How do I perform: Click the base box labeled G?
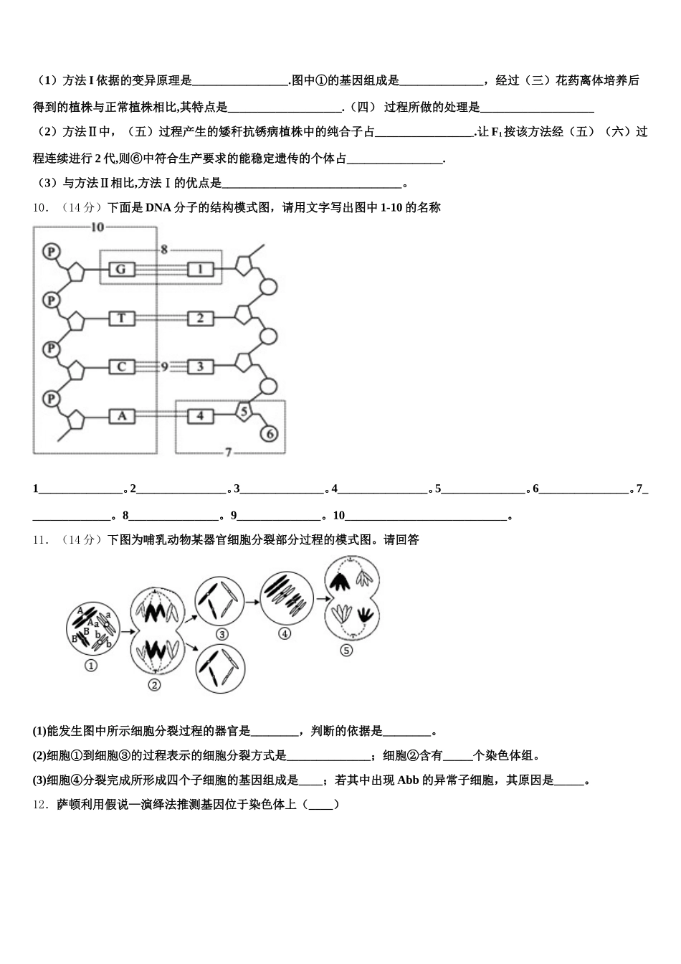coord(121,270)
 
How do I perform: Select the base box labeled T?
coord(121,318)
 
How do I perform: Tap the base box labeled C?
coord(121,367)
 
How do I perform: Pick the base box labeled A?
coord(121,415)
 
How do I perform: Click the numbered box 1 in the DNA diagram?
coord(200,270)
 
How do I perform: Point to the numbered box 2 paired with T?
coord(200,318)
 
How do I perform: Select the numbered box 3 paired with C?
coord(200,367)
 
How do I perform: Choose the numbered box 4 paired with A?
coord(200,415)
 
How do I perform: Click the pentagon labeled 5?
coord(244,411)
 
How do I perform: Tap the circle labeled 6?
coord(269,433)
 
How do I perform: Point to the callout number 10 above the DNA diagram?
coord(97,227)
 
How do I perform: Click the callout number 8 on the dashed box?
coord(164,250)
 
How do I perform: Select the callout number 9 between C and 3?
coord(164,367)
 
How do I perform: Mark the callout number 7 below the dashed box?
coord(228,453)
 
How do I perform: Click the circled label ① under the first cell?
coord(91,666)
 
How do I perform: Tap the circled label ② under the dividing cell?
coord(154,685)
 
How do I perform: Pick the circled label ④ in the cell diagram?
coord(285,634)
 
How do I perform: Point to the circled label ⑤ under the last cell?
coord(346,651)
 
